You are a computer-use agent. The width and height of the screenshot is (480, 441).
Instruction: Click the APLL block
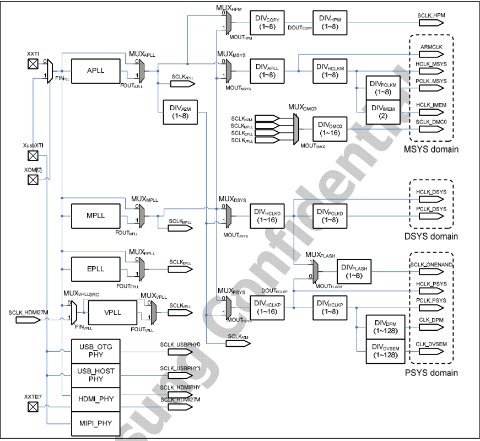tap(95, 71)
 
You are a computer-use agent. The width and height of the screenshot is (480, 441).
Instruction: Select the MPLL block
tap(95, 215)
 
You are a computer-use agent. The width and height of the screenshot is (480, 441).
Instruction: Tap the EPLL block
tap(95, 268)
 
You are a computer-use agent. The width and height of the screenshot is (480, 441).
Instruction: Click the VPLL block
tap(112, 312)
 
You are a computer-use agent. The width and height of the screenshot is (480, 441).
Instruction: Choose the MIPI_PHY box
tap(96, 423)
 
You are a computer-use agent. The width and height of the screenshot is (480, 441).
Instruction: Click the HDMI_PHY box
tap(96, 399)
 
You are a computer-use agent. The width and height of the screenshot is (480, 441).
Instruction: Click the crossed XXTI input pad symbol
tap(33, 65)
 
